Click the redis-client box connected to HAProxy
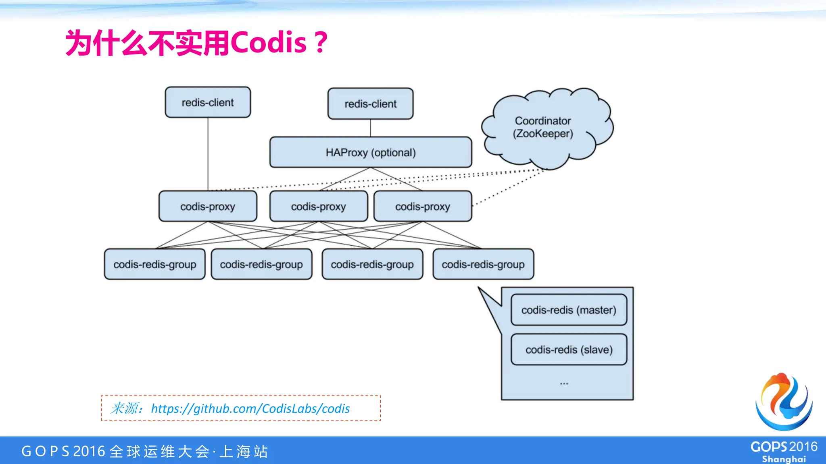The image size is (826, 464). coord(370,104)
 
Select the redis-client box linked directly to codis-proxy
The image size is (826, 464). coord(208,102)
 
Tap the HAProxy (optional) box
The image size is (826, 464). coord(370,152)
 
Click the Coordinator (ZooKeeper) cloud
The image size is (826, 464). coord(543,127)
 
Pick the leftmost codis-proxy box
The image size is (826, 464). coord(208,206)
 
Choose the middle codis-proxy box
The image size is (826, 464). coord(319,206)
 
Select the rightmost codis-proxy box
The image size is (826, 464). coord(422,206)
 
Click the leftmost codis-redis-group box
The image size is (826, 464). coord(155,264)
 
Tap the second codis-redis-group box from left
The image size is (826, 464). coord(261,264)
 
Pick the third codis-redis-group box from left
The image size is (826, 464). coord(372,264)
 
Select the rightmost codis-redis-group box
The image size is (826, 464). coord(483,264)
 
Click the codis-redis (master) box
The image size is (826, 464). coord(569,310)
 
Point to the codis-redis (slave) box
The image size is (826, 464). coord(569,349)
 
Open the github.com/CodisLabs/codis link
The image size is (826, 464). coord(250,408)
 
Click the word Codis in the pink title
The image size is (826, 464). coord(268,43)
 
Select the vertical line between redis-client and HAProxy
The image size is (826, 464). coord(370,128)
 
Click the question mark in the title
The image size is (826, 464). coord(321,43)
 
